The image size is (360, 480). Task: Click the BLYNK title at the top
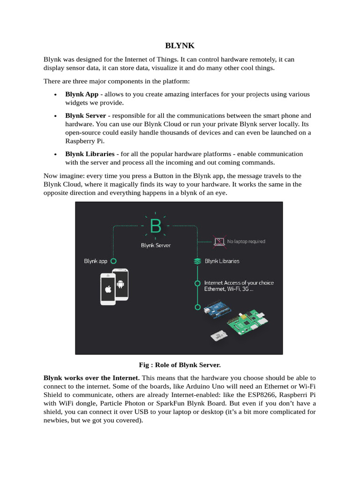tap(180, 46)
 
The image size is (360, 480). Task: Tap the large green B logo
tap(155, 227)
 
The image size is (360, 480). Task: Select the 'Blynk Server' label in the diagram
tap(156, 245)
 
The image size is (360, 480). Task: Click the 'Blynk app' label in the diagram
tap(96, 261)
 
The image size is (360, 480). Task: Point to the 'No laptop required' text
tap(246, 241)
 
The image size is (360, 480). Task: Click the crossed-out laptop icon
tap(219, 241)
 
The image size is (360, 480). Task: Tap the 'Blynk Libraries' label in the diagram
tap(222, 261)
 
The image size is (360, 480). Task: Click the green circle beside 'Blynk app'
tap(113, 261)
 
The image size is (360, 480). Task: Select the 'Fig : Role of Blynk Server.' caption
tap(180, 364)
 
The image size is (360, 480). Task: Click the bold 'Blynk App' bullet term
tap(82, 94)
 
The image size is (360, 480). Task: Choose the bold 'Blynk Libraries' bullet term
tap(90, 154)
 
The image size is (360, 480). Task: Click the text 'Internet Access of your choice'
tap(239, 283)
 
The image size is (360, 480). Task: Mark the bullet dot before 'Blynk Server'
tap(56, 116)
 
